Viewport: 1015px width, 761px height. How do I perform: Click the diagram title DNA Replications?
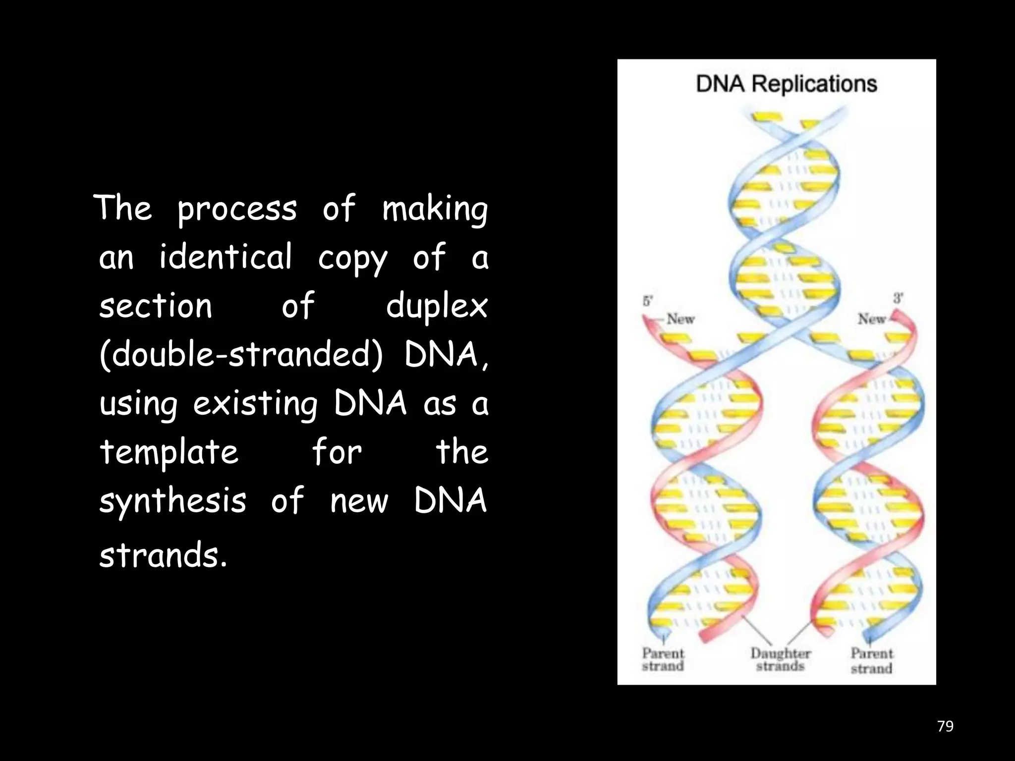[786, 84]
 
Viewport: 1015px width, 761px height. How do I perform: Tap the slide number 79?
[945, 726]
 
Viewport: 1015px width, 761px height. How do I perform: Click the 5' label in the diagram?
[648, 301]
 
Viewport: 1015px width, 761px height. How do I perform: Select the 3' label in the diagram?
[898, 298]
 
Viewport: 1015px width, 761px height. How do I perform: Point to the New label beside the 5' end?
[680, 319]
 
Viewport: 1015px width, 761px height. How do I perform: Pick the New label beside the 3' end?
[872, 319]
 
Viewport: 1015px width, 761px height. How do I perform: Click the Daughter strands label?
[780, 660]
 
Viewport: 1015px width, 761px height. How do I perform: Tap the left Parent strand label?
[663, 660]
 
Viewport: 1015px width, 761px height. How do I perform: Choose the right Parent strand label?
[872, 661]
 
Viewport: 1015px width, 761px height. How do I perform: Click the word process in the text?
[237, 209]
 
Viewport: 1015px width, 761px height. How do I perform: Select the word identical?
[226, 257]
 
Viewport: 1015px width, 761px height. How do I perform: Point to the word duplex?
[437, 306]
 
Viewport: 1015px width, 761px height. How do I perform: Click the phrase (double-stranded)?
[241, 355]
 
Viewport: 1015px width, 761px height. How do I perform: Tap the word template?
[169, 453]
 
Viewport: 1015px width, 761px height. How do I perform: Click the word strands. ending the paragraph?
[163, 555]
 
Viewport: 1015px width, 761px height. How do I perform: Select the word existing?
[255, 404]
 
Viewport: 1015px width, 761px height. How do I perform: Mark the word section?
[156, 306]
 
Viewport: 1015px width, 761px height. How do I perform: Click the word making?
[435, 209]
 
